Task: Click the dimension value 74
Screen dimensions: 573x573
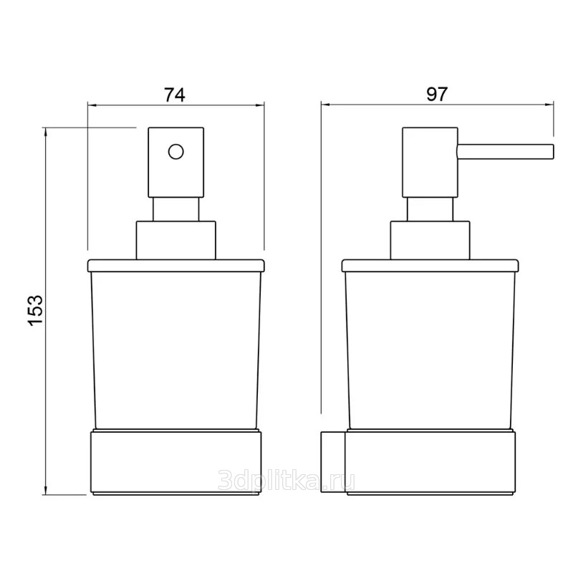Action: coord(175,95)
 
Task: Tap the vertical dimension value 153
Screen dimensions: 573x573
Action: coord(35,310)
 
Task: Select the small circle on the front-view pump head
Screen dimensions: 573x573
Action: coord(175,151)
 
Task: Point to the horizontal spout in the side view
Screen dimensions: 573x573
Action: coord(506,152)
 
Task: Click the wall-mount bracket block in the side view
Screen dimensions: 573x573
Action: coord(333,462)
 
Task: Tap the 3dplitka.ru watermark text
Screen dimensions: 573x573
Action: coord(286,481)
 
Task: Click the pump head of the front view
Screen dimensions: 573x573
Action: coord(175,163)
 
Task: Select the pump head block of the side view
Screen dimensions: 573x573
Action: coord(430,163)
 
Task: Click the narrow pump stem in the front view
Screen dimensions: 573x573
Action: coord(176,209)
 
